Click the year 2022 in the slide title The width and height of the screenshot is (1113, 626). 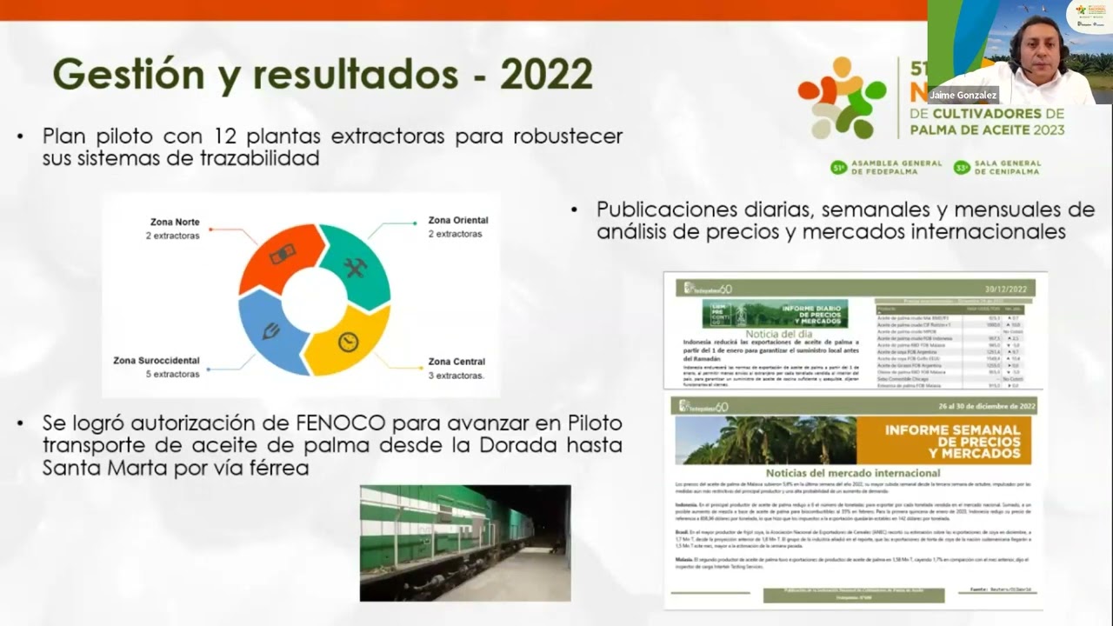(546, 75)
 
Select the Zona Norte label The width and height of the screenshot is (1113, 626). (174, 222)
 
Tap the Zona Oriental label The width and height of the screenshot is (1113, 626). (457, 220)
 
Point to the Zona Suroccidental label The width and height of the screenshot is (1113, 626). (157, 360)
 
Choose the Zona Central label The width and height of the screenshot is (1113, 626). (457, 361)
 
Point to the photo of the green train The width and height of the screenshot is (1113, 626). (465, 543)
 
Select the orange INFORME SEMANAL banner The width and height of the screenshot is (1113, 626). (943, 441)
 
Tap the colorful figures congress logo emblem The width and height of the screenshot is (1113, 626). (842, 97)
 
